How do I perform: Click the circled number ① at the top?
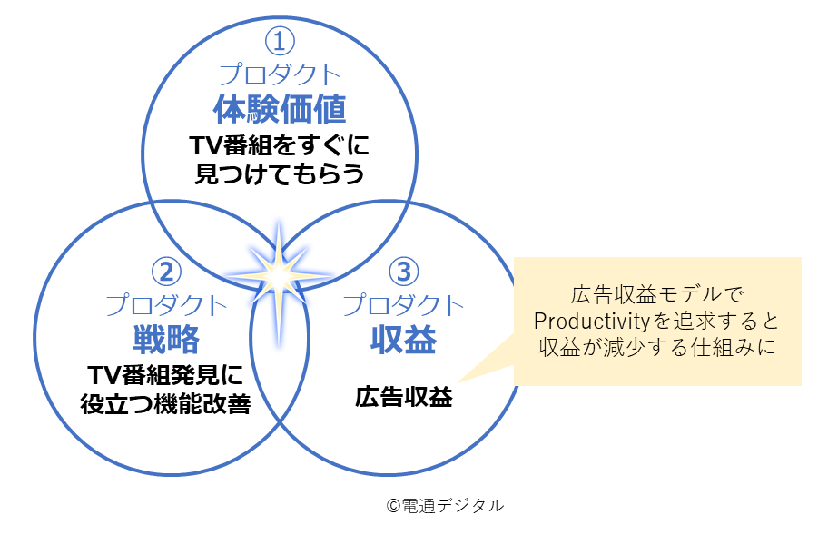pyautogui.click(x=280, y=42)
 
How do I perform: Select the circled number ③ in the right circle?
pyautogui.click(x=403, y=272)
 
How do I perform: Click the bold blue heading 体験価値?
pyautogui.click(x=280, y=109)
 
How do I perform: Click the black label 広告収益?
pyautogui.click(x=403, y=398)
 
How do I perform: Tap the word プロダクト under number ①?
pyautogui.click(x=280, y=74)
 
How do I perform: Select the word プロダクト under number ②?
pyautogui.click(x=166, y=303)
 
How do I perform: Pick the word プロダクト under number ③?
pyautogui.click(x=403, y=303)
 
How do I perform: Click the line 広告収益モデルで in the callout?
pyautogui.click(x=656, y=295)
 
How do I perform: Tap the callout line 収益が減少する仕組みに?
pyautogui.click(x=656, y=348)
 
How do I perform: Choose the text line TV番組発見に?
pyautogui.click(x=166, y=374)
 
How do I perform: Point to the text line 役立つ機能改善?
pyautogui.click(x=166, y=403)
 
